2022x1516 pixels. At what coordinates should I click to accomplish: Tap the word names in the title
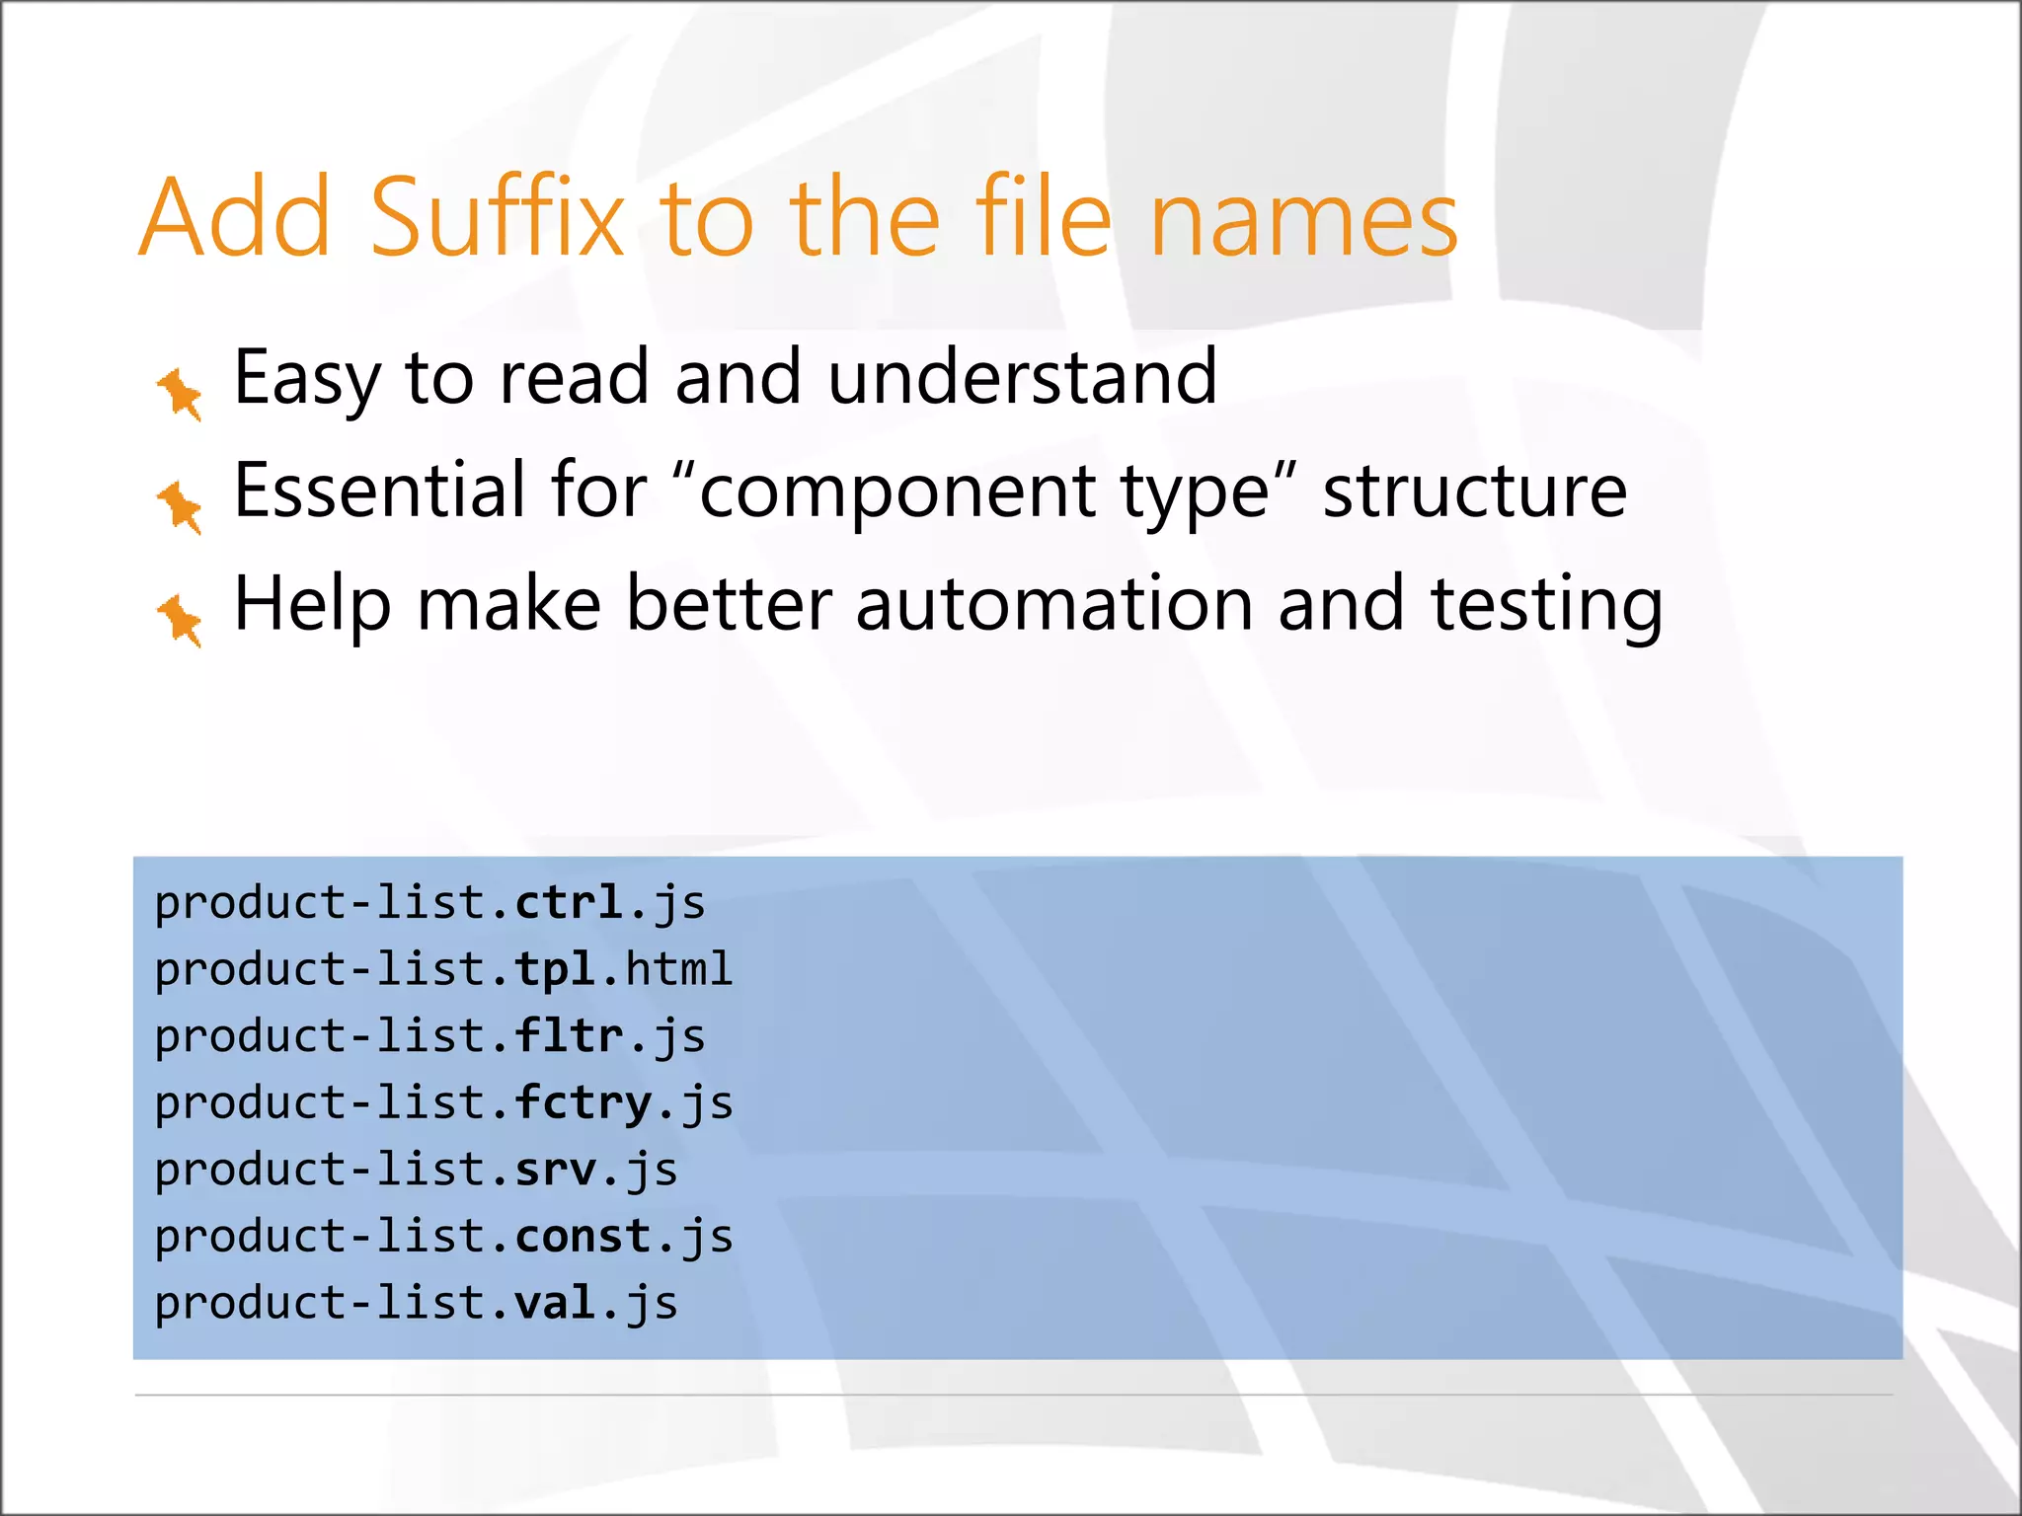tap(1304, 219)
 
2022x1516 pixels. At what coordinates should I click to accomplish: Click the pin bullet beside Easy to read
tap(180, 393)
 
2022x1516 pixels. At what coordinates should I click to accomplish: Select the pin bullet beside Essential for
tap(180, 506)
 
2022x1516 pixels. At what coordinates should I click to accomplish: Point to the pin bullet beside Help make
tap(180, 620)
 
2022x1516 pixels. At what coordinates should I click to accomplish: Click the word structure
tap(1474, 492)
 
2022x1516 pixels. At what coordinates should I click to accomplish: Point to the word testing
tap(1546, 606)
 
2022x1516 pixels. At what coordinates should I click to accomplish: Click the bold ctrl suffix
tap(569, 902)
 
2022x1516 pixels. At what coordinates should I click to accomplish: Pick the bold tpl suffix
tap(555, 969)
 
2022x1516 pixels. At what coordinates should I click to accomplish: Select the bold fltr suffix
tap(569, 1035)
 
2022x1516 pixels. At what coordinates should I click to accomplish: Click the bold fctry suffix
tap(583, 1102)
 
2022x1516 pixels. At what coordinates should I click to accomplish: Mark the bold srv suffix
tap(555, 1170)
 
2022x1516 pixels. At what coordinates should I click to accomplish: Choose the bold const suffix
tap(583, 1236)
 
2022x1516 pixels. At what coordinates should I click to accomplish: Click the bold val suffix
tap(555, 1303)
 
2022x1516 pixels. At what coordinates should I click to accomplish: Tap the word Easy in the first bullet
tap(306, 379)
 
